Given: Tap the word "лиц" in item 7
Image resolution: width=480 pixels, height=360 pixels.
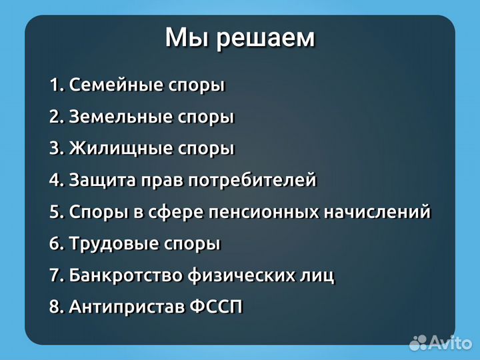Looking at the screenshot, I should point(319,275).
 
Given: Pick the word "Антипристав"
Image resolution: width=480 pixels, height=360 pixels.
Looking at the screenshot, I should point(126,307).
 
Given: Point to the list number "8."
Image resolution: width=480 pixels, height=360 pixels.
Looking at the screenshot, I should point(57,307).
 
